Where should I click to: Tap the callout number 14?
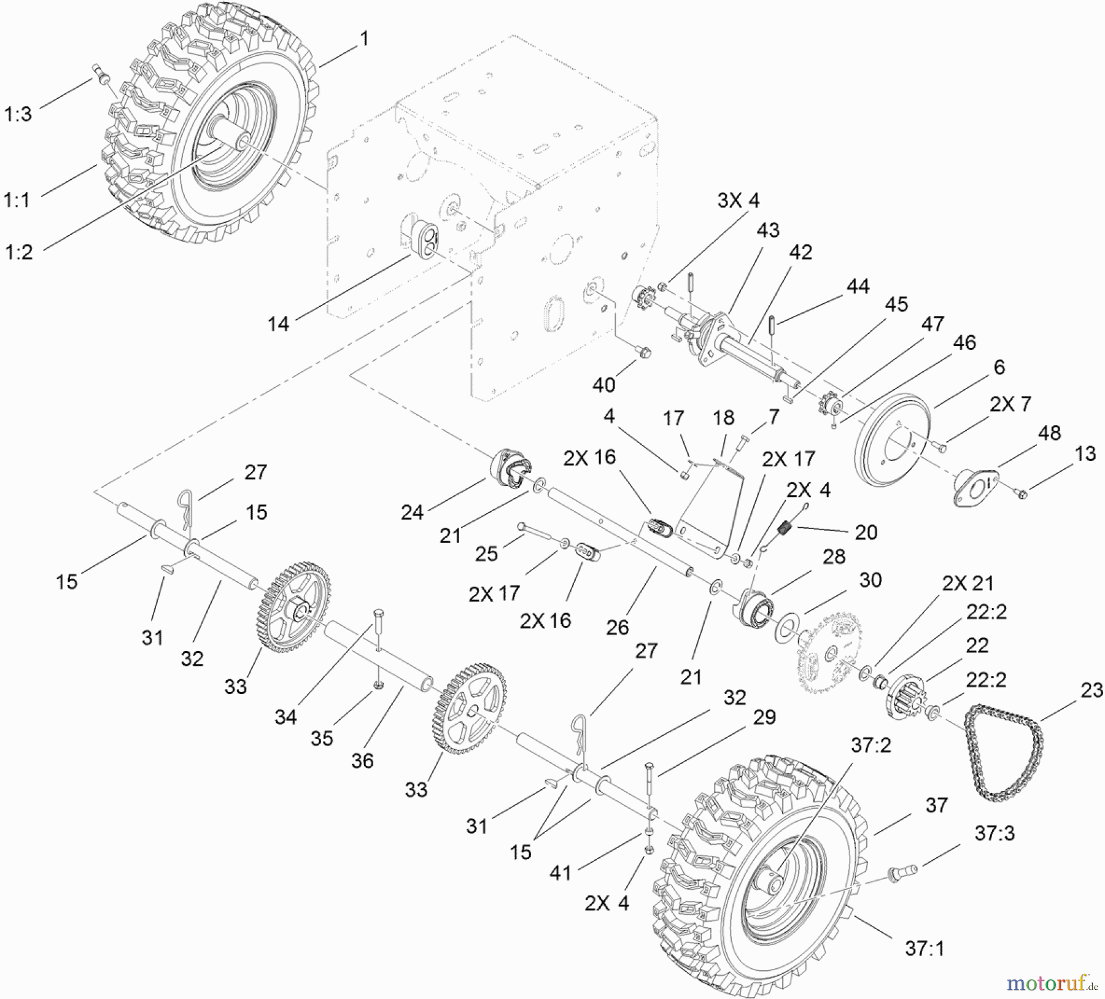pos(278,323)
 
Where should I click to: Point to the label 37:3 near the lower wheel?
pos(994,833)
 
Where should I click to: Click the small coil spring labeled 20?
pos(785,526)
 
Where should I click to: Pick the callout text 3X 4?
pos(738,200)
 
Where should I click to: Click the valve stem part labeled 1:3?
pos(99,73)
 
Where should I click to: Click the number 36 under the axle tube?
pos(362,761)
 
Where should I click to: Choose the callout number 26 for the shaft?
pos(618,627)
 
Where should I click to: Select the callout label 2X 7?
pos(1010,404)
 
